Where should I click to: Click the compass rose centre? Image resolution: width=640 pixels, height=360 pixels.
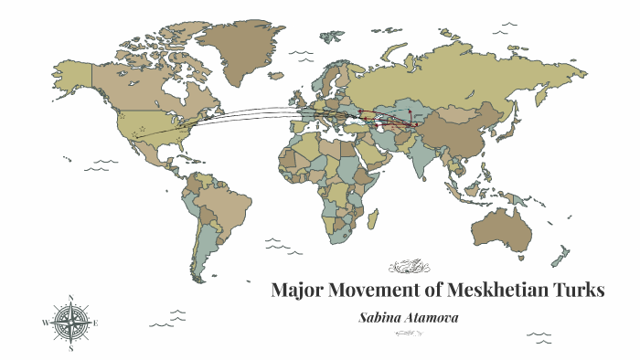pyautogui.click(x=70, y=322)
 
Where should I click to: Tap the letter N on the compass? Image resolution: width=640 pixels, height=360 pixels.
pyautogui.click(x=70, y=298)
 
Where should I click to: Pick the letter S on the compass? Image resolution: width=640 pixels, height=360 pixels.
pyautogui.click(x=70, y=347)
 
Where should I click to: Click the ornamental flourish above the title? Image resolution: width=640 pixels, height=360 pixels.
pyautogui.click(x=408, y=267)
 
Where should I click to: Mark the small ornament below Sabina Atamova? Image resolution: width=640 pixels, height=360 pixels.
pyautogui.click(x=409, y=334)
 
